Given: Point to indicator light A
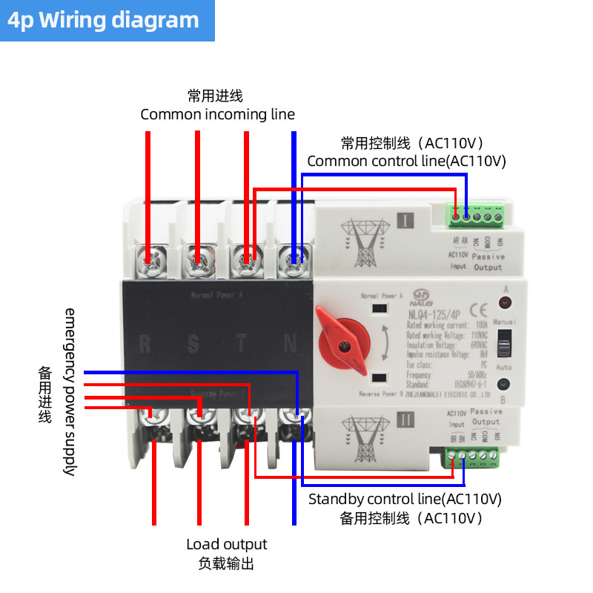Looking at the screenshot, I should (506, 302).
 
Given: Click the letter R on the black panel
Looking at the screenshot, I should (147, 344).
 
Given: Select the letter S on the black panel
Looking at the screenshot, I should (194, 344).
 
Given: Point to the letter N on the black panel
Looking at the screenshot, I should (291, 344).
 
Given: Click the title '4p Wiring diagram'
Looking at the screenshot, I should (104, 20).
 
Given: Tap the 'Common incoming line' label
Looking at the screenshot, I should (217, 115).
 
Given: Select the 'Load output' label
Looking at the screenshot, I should (226, 544).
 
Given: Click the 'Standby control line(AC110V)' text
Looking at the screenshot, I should (405, 498).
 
